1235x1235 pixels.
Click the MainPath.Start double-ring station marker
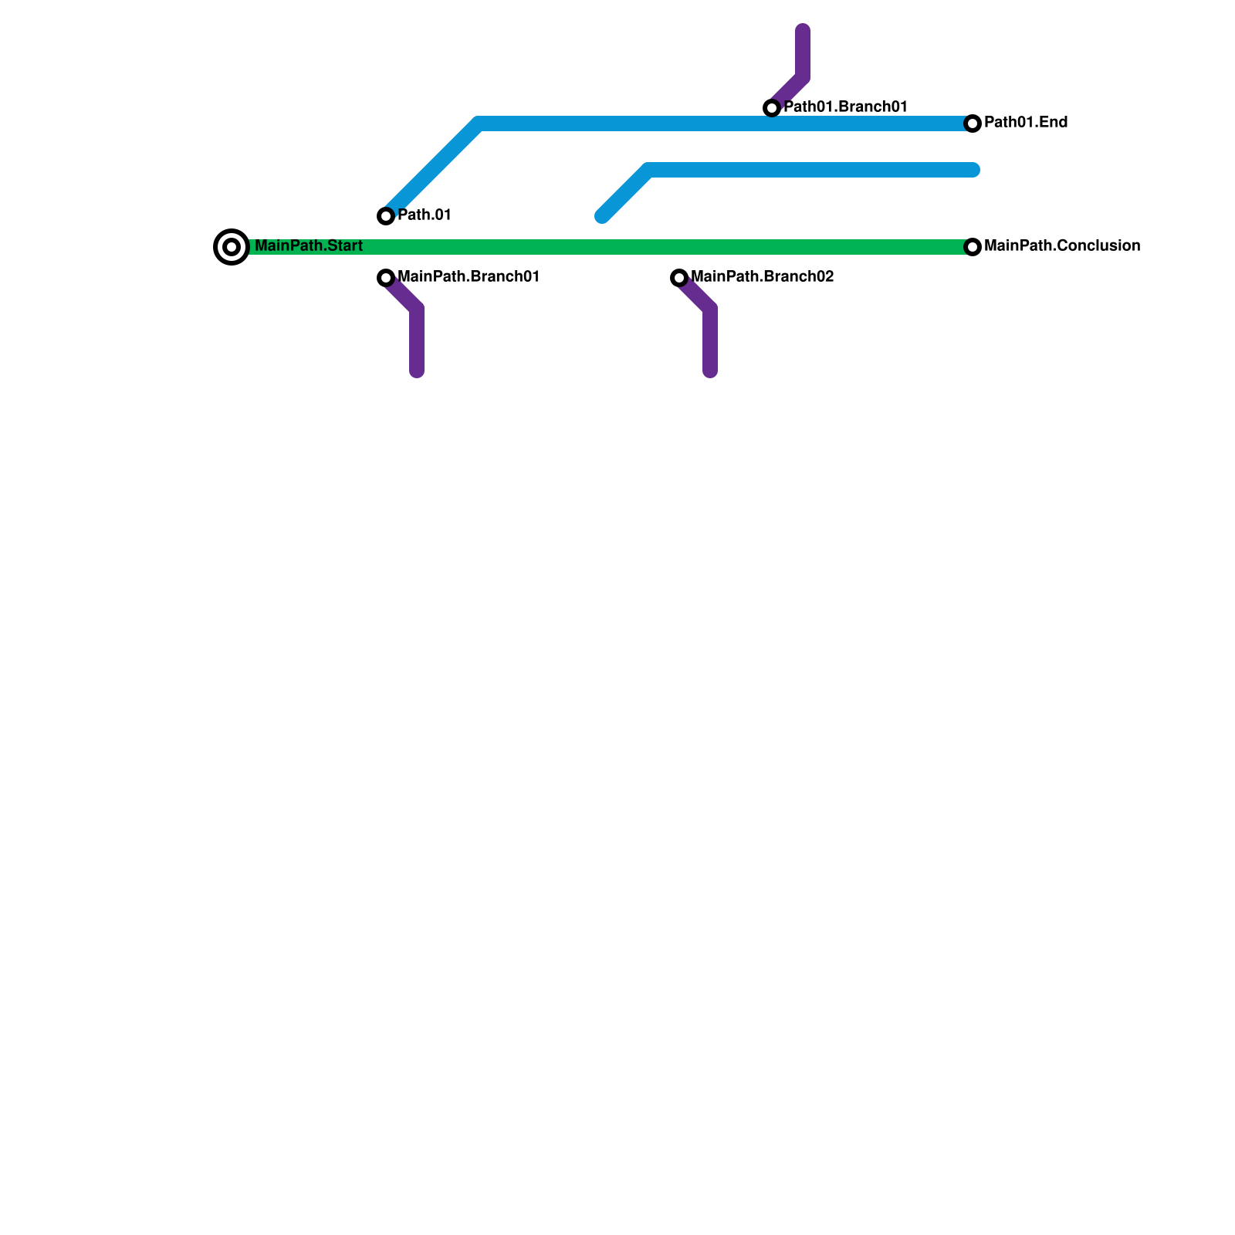[232, 247]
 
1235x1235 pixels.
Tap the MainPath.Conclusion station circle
[973, 247]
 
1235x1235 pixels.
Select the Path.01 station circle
[386, 216]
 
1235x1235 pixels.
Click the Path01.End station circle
[973, 123]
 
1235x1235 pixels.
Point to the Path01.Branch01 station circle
[772, 108]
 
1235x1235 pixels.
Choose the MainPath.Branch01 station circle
[386, 278]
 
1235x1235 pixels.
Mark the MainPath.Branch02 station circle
[679, 278]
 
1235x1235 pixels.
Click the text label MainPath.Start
[308, 246]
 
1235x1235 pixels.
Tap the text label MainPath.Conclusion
[1061, 246]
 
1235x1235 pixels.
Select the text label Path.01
[424, 215]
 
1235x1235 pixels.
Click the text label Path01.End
[1026, 123]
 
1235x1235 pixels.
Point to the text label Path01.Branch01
[845, 107]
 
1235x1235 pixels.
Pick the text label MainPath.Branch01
[468, 277]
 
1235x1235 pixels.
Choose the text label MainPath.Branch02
[762, 277]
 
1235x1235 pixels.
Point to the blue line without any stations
[810, 170]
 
